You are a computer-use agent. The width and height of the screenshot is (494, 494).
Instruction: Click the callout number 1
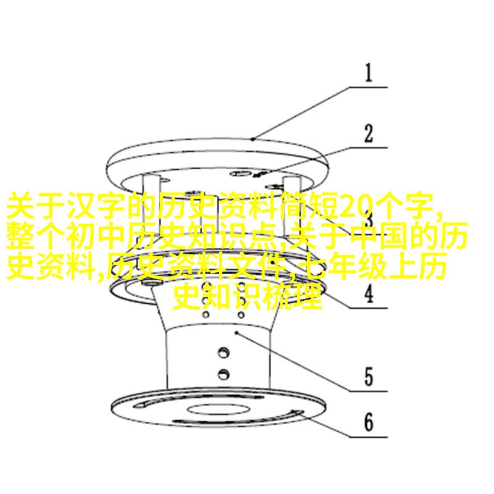coord(368,73)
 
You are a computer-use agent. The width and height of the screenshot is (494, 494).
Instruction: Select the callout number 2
coord(368,133)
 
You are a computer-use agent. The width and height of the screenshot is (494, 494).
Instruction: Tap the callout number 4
coord(369,294)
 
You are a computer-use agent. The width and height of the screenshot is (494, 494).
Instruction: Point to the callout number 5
coord(369,377)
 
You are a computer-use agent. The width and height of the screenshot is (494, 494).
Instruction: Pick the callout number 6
coord(369,422)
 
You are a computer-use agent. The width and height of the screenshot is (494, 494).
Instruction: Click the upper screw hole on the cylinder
coord(224,352)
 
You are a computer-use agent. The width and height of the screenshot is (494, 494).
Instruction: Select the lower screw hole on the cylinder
coord(224,374)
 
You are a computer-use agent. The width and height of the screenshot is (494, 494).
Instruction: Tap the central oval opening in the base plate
coord(219,409)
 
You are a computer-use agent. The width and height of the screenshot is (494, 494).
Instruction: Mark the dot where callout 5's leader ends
coord(237,332)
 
